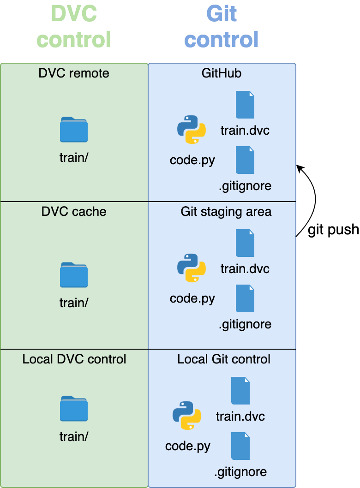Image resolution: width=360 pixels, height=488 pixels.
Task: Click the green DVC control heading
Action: click(x=74, y=26)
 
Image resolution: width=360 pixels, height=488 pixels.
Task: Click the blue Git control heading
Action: click(x=222, y=26)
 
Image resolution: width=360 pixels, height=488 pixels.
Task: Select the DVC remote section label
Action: click(x=74, y=73)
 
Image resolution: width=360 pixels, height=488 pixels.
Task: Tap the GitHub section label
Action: click(x=222, y=73)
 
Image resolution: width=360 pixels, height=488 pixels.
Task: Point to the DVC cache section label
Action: click(x=74, y=212)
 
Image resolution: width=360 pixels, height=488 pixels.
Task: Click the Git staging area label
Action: click(x=226, y=212)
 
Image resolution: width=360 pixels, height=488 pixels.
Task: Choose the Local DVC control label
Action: click(x=74, y=359)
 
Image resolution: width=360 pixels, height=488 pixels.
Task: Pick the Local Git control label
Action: click(x=224, y=359)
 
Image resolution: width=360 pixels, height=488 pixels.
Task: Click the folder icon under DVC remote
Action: click(x=74, y=130)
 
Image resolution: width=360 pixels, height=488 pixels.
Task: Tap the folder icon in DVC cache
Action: click(x=74, y=275)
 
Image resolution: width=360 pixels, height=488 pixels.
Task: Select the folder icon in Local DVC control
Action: click(x=74, y=409)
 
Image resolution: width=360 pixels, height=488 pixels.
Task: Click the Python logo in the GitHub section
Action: click(x=192, y=130)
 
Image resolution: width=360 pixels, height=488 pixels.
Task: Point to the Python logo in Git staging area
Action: click(x=192, y=268)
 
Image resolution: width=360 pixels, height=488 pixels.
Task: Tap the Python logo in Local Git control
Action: click(x=187, y=416)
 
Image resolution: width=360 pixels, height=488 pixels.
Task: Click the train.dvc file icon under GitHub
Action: click(x=245, y=105)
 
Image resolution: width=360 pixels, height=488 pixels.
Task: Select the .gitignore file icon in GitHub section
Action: click(x=245, y=160)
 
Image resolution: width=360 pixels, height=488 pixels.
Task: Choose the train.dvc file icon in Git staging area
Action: click(x=245, y=243)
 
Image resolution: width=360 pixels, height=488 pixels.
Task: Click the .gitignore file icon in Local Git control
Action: click(x=240, y=446)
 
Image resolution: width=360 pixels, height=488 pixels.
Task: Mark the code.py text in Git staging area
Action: click(x=192, y=298)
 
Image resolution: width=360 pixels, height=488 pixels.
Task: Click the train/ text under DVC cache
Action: click(x=74, y=303)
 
